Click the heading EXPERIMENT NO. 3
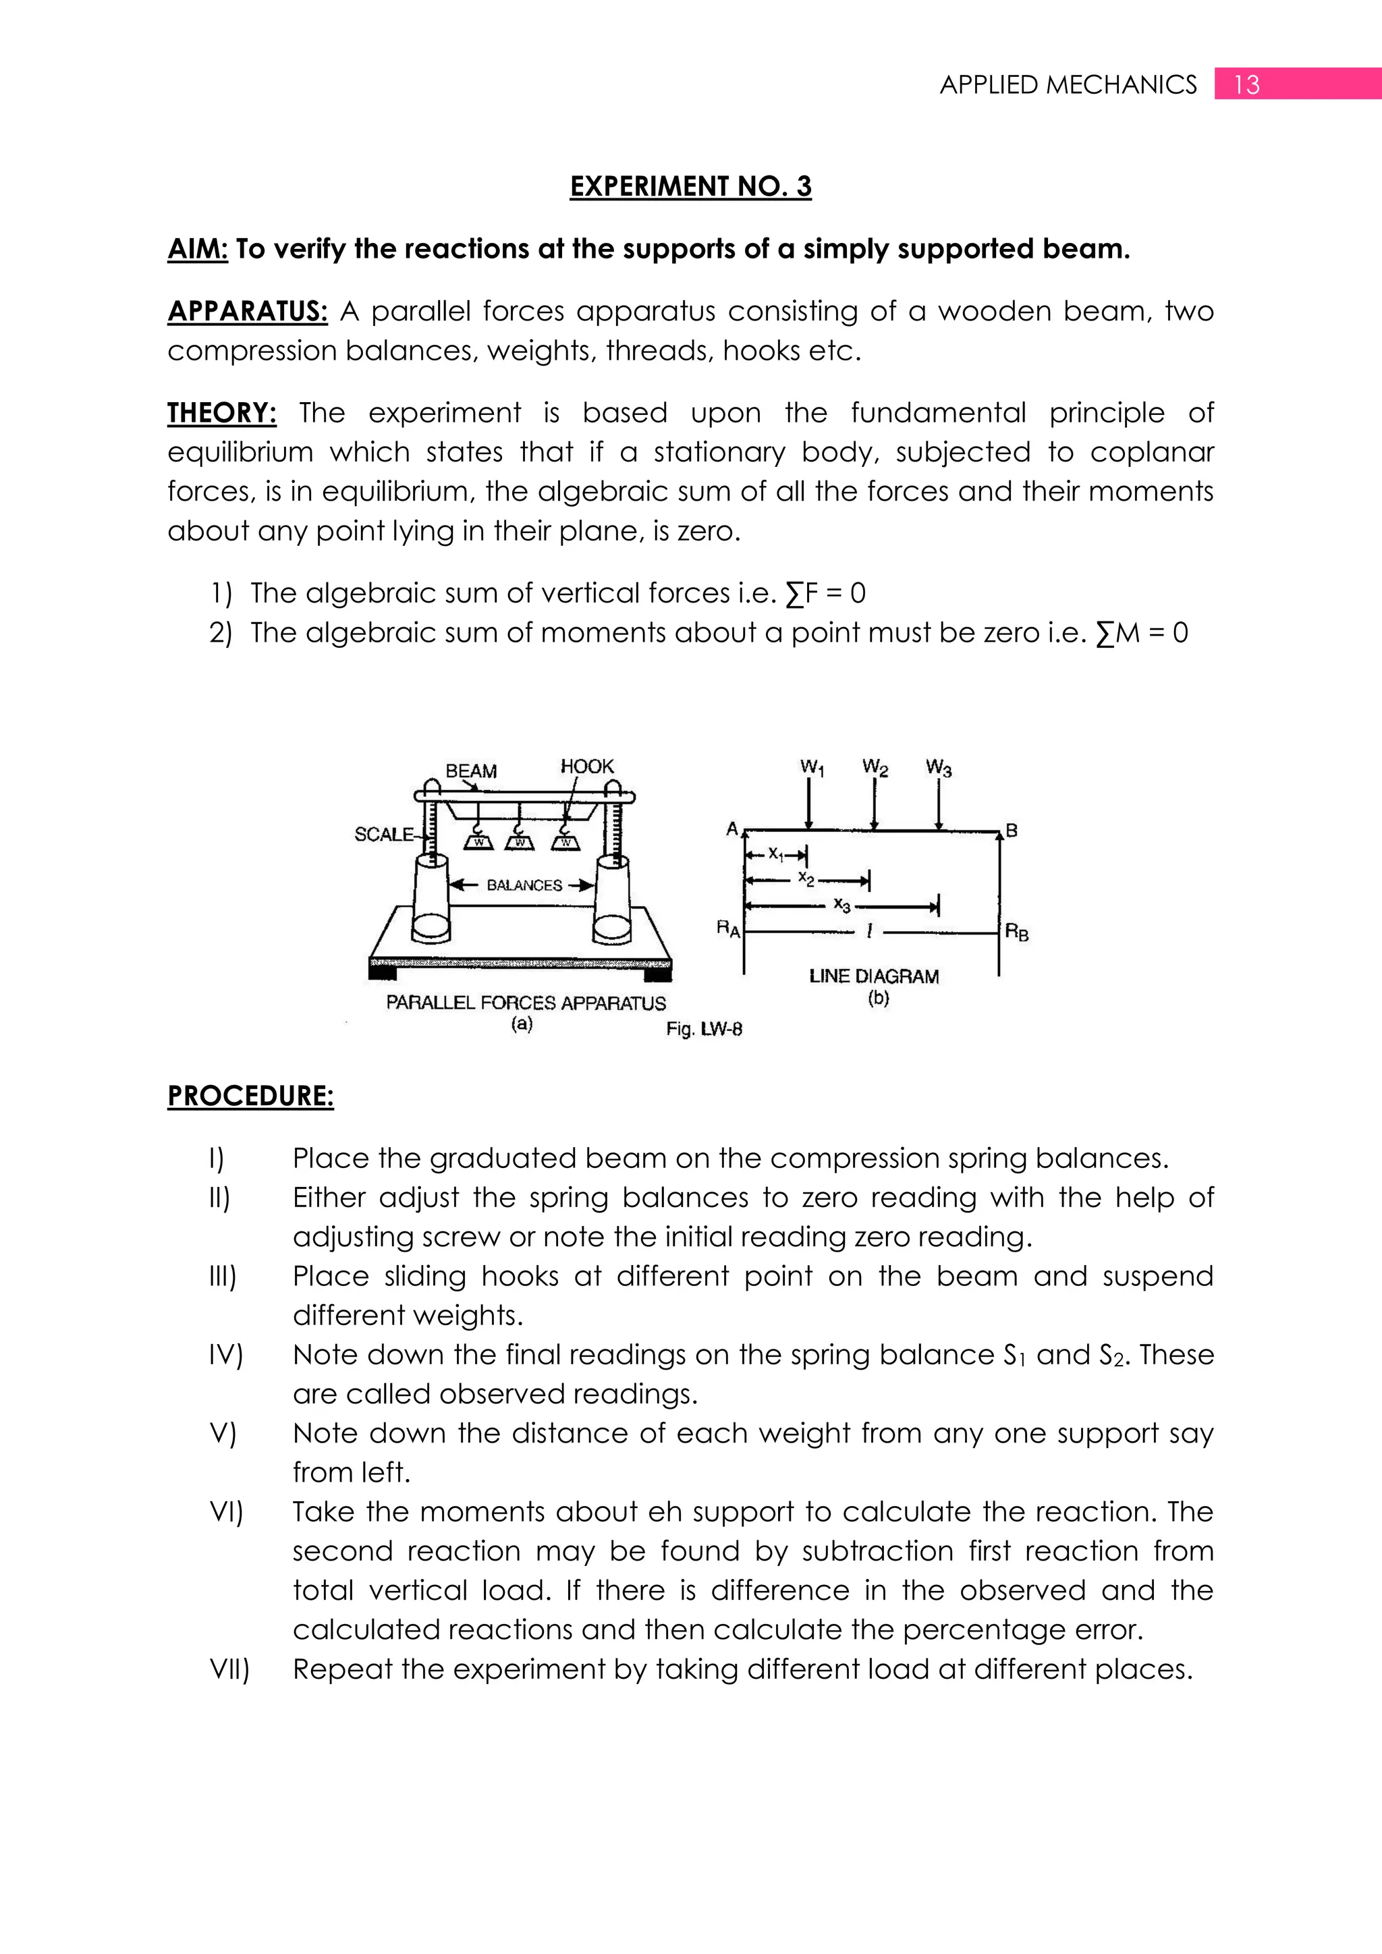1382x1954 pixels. tap(690, 186)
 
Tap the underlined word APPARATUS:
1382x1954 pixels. tap(247, 312)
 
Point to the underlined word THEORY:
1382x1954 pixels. tap(221, 413)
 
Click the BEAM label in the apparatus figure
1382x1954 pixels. tap(470, 771)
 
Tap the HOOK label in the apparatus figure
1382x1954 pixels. tap(586, 766)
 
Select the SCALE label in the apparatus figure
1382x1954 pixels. tap(384, 834)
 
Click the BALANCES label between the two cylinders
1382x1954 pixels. tap(524, 885)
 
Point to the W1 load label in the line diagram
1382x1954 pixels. tap(812, 768)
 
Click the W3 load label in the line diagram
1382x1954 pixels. tap(939, 768)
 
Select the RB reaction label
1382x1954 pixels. tap(1017, 932)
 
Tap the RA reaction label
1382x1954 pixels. tap(728, 928)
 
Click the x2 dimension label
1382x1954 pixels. tap(806, 878)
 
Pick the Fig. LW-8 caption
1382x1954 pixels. tap(704, 1029)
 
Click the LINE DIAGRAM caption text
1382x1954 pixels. tap(874, 976)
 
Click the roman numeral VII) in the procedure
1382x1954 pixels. tap(229, 1670)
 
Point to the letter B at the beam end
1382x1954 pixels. tap(1011, 830)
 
